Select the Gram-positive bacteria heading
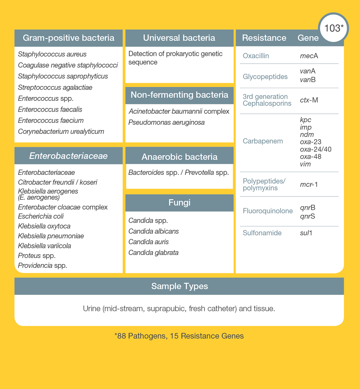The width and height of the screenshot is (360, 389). (68, 38)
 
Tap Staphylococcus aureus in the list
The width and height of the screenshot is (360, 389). (52, 54)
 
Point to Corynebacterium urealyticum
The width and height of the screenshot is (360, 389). (61, 132)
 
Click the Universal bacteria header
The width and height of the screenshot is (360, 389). (179, 38)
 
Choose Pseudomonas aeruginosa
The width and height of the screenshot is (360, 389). (166, 122)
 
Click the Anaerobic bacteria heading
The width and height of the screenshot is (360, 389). (179, 157)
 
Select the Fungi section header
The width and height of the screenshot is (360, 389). (179, 203)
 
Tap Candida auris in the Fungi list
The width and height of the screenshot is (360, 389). (148, 242)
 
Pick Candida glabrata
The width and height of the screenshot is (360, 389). (153, 253)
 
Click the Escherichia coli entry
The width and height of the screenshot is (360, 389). (41, 217)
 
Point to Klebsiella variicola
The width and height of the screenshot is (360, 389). (44, 246)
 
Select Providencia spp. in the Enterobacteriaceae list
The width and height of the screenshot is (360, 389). (42, 266)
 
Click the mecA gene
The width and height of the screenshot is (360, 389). (309, 56)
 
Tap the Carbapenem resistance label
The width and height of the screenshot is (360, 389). (263, 141)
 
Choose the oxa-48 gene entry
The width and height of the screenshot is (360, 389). (310, 157)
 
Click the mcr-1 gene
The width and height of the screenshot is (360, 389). (309, 185)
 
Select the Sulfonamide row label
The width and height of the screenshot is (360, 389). (262, 233)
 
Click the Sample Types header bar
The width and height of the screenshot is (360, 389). (179, 286)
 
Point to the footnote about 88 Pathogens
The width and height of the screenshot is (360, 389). (179, 336)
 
